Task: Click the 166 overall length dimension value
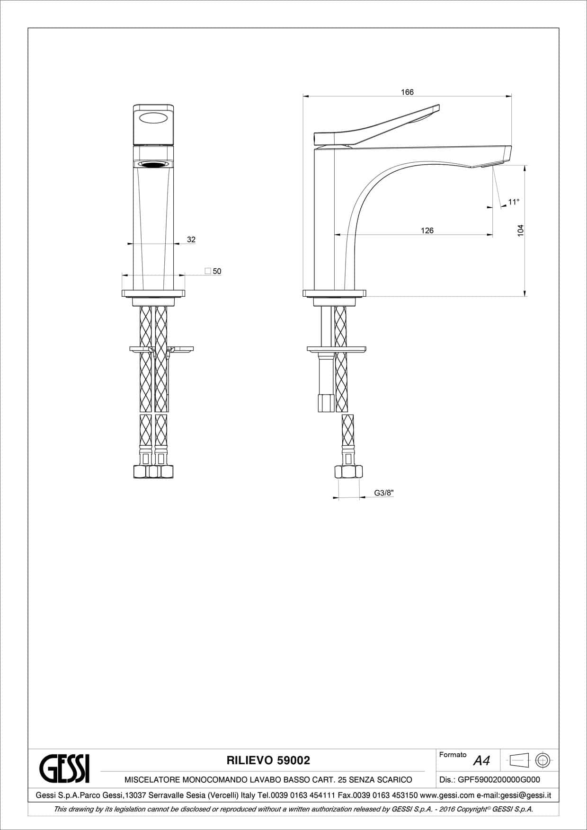[407, 92]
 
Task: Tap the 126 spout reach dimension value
[427, 230]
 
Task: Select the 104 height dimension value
[521, 230]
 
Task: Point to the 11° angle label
[514, 202]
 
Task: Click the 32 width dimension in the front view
[191, 239]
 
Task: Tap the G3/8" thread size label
[384, 493]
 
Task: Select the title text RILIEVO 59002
[268, 760]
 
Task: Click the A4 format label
[481, 760]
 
